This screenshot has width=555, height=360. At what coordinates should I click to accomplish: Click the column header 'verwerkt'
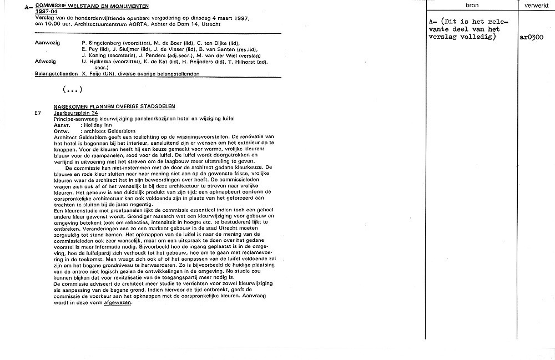[536, 6]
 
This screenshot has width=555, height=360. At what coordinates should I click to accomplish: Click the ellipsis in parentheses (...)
[73, 89]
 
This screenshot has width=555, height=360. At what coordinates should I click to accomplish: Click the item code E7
[37, 113]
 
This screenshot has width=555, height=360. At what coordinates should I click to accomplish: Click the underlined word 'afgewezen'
[118, 303]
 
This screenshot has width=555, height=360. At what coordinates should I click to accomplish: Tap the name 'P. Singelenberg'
[100, 42]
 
